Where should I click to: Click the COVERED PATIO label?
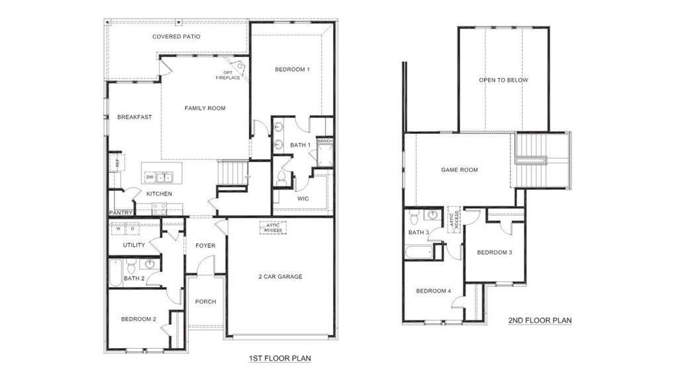tap(176, 36)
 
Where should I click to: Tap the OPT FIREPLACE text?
tap(228, 75)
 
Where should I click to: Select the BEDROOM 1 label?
tap(292, 69)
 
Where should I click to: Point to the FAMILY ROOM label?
tap(205, 108)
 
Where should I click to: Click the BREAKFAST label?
tap(134, 117)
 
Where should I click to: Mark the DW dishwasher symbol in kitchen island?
tap(150, 177)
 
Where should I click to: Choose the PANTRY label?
tap(121, 213)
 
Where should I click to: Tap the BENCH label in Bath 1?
tap(324, 141)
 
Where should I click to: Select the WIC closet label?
tap(303, 198)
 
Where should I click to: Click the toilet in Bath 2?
tap(132, 268)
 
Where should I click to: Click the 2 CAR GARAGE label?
tap(280, 276)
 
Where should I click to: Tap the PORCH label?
tap(205, 302)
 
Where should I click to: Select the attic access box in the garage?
tap(273, 227)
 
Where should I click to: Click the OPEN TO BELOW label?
tap(503, 80)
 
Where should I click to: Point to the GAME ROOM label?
tap(459, 170)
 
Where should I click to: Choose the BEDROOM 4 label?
tap(433, 290)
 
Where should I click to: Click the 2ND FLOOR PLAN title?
tap(540, 320)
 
